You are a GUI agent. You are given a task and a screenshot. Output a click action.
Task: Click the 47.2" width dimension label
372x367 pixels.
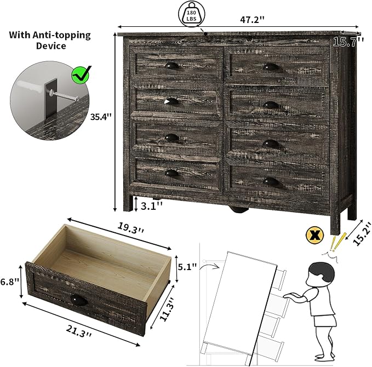click(252, 20)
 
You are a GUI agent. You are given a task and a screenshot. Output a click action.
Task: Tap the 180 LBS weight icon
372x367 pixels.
click(191, 14)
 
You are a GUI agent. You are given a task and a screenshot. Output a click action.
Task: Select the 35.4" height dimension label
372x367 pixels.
click(101, 117)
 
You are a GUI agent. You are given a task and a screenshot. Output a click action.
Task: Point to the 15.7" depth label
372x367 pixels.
click(348, 42)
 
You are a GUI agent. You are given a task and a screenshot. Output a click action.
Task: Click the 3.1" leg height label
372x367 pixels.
click(152, 205)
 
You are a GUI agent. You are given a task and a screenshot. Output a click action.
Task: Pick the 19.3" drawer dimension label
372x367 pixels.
click(130, 228)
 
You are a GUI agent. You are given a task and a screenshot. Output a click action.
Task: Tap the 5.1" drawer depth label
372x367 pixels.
click(187, 267)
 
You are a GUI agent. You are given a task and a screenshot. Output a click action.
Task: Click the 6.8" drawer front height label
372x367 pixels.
click(9, 282)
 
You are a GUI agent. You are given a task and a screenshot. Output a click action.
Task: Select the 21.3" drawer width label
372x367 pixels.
click(79, 331)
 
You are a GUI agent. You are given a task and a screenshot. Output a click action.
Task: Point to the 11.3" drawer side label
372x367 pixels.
click(167, 309)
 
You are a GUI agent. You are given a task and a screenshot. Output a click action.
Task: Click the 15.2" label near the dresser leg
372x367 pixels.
click(362, 234)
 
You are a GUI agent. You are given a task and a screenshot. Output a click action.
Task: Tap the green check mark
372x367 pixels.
click(81, 74)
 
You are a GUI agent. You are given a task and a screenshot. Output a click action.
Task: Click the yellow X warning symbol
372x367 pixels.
click(314, 235)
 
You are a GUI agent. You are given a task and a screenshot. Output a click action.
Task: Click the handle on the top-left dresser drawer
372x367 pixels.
click(172, 66)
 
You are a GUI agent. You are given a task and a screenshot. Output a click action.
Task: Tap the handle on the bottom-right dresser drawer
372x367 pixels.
click(271, 182)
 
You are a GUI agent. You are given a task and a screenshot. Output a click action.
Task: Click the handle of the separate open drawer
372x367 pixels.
click(79, 301)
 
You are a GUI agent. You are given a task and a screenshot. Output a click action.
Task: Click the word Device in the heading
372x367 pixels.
click(51, 46)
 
